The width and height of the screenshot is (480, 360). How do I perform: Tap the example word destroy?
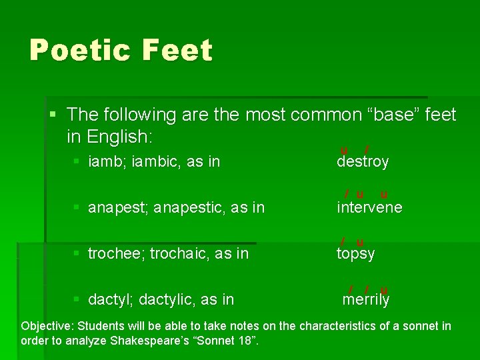(363, 161)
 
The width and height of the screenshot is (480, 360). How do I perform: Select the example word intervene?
(369, 207)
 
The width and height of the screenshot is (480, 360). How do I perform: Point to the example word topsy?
(355, 253)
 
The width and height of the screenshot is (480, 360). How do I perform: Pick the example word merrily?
(365, 299)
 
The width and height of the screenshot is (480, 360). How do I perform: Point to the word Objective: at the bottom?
(47, 327)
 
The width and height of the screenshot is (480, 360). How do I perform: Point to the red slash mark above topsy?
(343, 241)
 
